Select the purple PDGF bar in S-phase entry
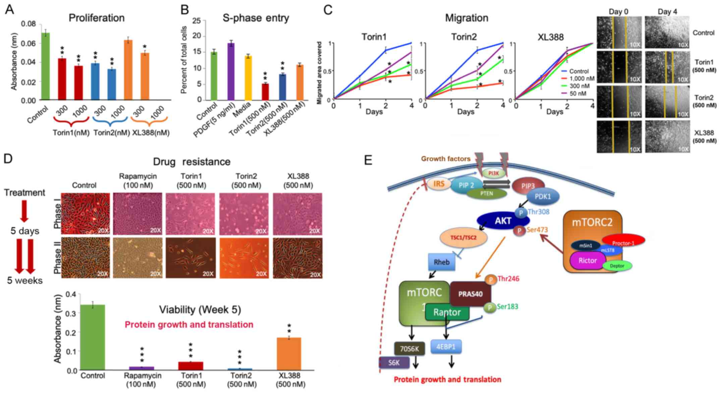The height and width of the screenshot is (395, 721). [231, 72]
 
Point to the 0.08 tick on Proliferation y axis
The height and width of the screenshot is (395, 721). [29, 24]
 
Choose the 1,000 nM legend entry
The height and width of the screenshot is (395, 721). [581, 79]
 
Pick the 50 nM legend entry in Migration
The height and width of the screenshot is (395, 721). [577, 93]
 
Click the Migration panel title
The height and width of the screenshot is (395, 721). [466, 18]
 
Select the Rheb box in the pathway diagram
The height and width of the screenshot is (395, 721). [441, 262]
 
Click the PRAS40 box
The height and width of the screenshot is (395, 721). [471, 294]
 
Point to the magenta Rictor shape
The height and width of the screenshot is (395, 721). [588, 260]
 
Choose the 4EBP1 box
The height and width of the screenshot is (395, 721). [446, 347]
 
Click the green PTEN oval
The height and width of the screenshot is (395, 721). [487, 193]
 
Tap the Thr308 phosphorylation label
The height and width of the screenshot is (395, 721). [538, 212]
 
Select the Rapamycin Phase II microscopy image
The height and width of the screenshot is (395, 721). [138, 258]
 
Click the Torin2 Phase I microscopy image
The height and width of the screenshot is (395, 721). [244, 213]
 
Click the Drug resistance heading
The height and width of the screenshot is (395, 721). [191, 161]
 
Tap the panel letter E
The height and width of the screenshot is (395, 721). [368, 161]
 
